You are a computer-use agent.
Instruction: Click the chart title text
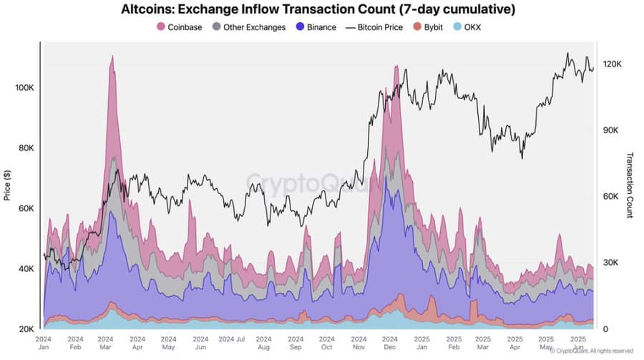[x=318, y=10]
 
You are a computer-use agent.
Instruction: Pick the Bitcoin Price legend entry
[x=375, y=27]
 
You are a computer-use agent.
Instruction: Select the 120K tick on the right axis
[x=613, y=64]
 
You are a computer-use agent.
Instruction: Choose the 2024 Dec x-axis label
[x=390, y=342]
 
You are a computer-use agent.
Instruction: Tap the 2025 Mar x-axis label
[x=483, y=342]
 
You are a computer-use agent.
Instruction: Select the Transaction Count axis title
[x=630, y=185]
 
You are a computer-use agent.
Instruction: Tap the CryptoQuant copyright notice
[x=592, y=351]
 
